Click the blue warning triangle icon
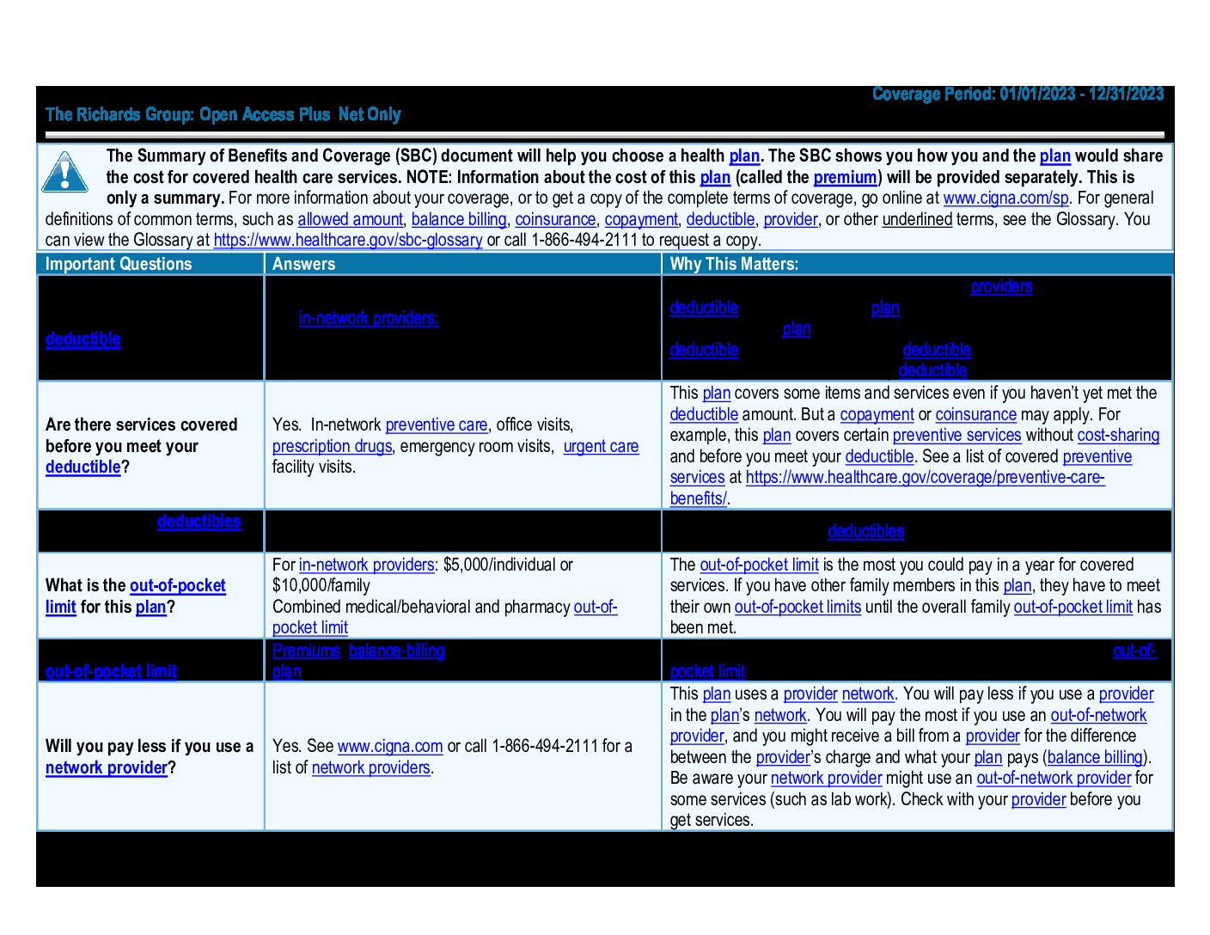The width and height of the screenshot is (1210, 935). (64, 173)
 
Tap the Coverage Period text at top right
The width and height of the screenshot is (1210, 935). (1017, 95)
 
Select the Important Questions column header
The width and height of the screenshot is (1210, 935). (119, 264)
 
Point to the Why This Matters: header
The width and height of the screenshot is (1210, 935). (734, 264)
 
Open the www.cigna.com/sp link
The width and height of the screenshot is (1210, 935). (1005, 199)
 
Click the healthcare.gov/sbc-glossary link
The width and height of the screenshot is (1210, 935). (347, 241)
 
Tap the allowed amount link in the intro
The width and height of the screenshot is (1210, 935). (350, 220)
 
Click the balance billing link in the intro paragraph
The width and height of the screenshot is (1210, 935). (459, 220)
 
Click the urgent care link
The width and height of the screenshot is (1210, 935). (601, 447)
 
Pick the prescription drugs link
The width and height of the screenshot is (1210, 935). (332, 447)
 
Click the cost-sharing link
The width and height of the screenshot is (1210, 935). (1118, 436)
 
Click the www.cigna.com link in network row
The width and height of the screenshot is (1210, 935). (390, 747)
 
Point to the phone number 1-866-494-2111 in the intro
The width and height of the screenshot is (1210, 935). (584, 241)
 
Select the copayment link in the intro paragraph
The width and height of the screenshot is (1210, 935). (641, 220)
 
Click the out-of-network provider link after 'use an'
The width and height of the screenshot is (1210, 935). (1054, 779)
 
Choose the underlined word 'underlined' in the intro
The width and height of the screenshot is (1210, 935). (917, 220)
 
